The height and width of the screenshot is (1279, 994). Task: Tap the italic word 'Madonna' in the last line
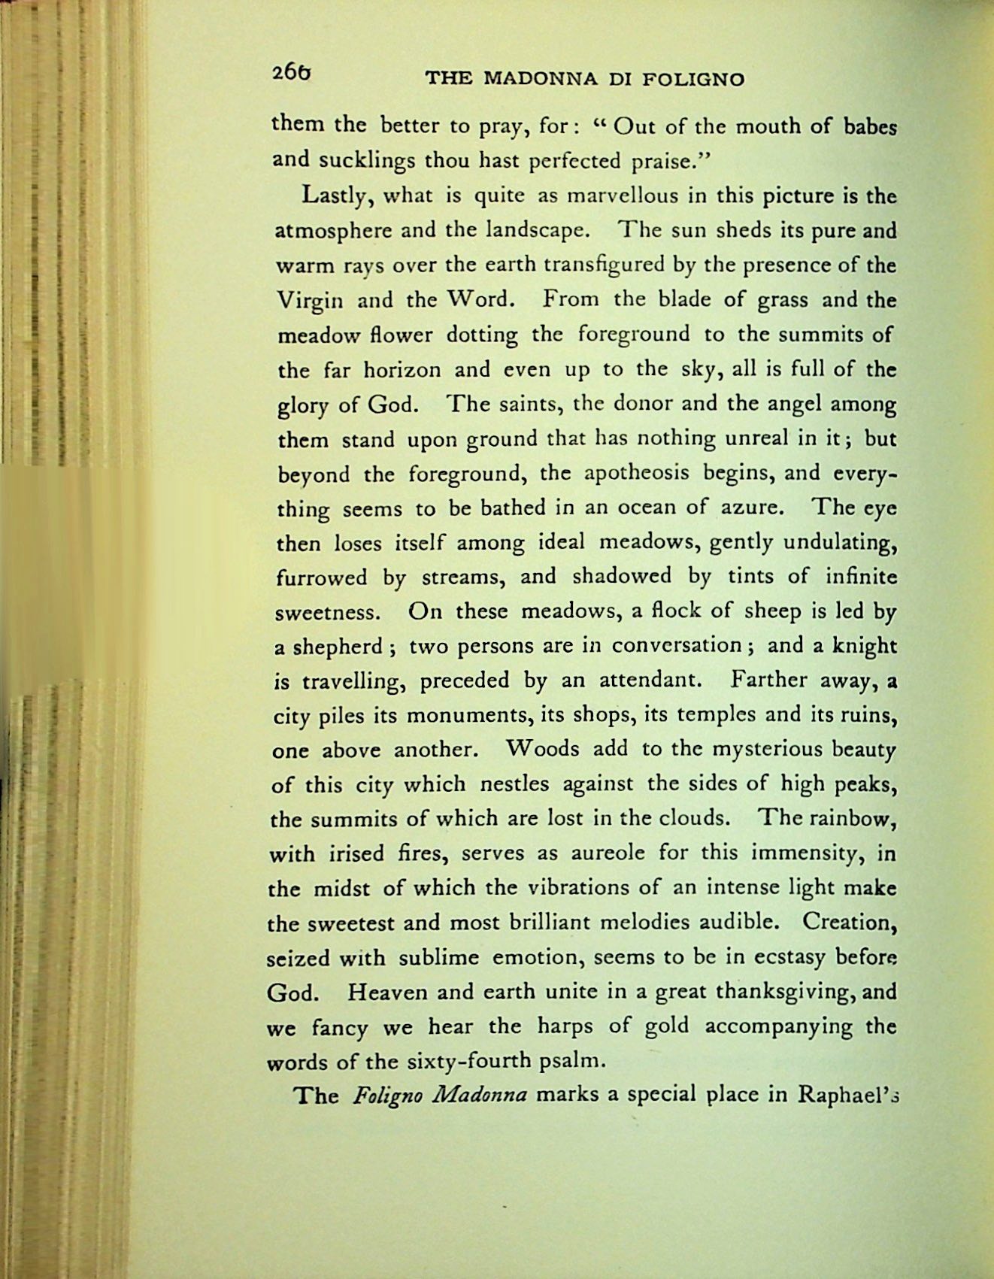click(461, 1095)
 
